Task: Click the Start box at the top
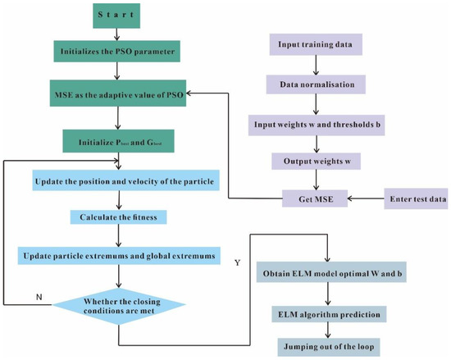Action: pyautogui.click(x=120, y=16)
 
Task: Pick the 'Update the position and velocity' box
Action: pyautogui.click(x=120, y=180)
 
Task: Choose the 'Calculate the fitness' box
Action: pyautogui.click(x=120, y=217)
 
